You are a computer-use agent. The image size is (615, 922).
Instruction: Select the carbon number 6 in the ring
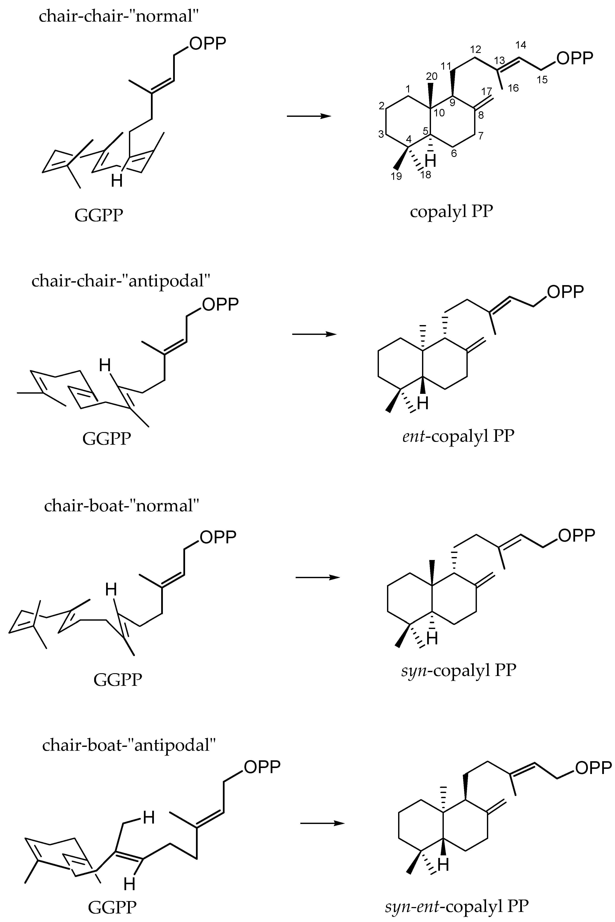(454, 153)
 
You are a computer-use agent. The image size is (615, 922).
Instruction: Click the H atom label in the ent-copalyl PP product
(423, 403)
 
